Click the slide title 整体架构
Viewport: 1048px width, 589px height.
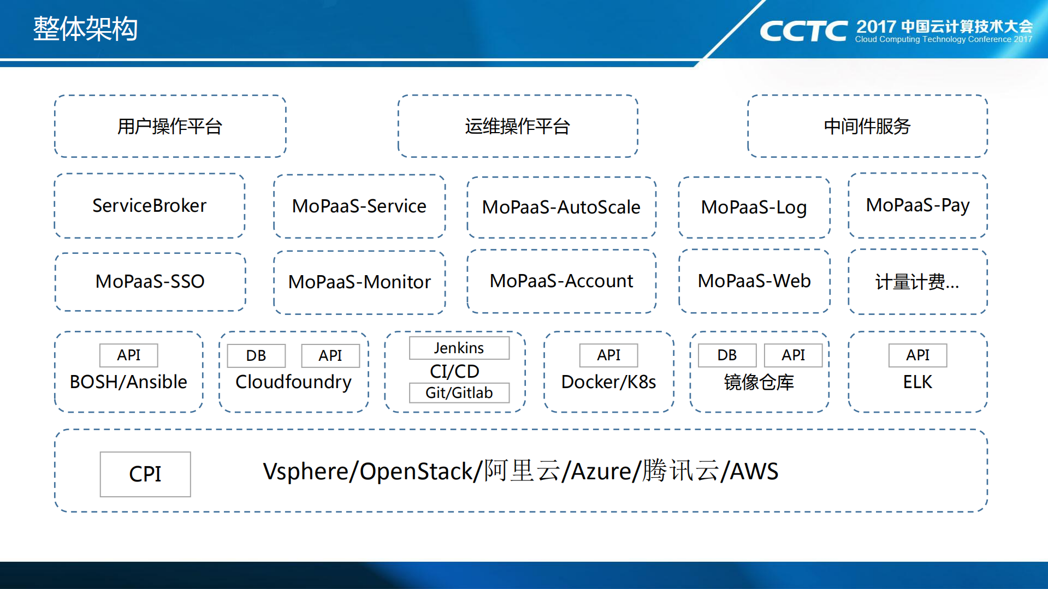(85, 28)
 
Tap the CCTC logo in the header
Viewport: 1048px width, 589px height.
(803, 31)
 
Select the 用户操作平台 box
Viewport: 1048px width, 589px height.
(170, 127)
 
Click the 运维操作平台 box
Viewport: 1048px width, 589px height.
(518, 127)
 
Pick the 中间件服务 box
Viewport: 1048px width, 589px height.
(867, 127)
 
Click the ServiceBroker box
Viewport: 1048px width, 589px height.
(150, 206)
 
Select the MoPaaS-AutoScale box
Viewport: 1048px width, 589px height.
(561, 207)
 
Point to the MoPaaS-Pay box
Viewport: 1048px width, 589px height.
(917, 206)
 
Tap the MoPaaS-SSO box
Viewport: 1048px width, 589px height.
(150, 282)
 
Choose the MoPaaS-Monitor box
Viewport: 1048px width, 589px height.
(359, 282)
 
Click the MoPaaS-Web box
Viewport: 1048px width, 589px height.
(754, 281)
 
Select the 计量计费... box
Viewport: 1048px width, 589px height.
(917, 282)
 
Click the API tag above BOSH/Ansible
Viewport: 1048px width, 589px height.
(129, 355)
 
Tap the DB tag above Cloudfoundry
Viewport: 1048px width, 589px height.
(256, 356)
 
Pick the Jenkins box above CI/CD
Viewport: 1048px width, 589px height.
(459, 348)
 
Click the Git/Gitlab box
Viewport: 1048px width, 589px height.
(459, 393)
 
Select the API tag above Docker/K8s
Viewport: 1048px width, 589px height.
(608, 355)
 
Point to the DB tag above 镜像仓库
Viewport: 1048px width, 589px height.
(727, 355)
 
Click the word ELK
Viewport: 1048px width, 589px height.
(917, 382)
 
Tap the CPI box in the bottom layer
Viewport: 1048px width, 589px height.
(145, 474)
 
